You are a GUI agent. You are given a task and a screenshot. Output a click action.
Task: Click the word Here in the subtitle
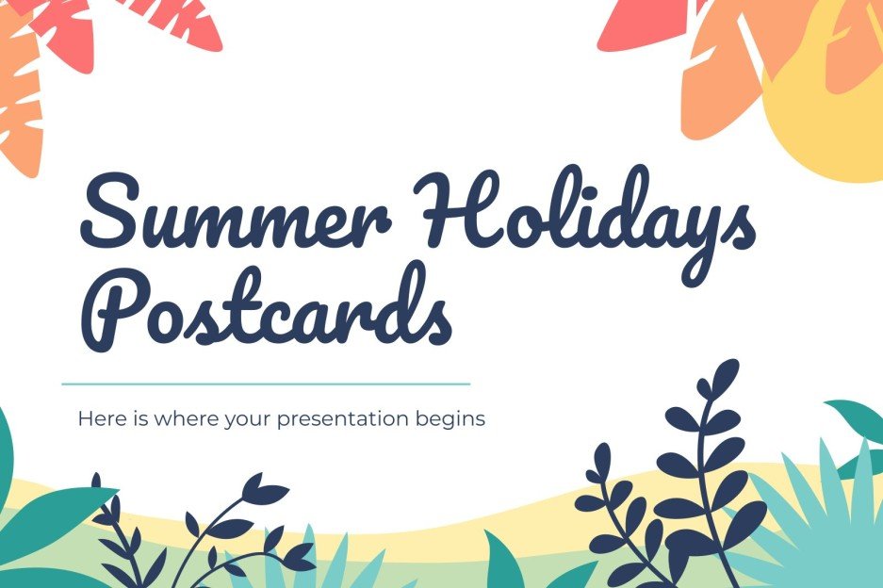(97, 417)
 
